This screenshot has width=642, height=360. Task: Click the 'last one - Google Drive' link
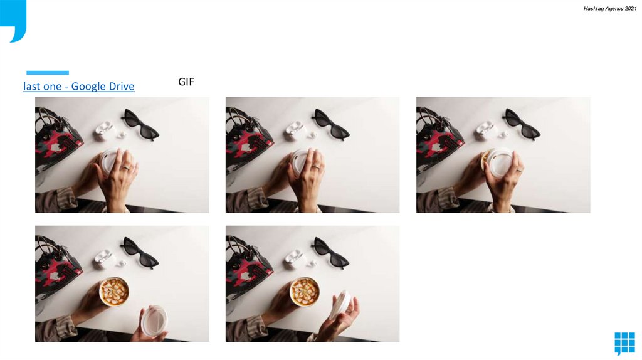tap(78, 87)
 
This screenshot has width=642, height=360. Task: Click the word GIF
tap(186, 82)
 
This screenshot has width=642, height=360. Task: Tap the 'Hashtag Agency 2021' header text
tap(609, 9)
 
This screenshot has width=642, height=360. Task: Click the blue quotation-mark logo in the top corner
tap(13, 21)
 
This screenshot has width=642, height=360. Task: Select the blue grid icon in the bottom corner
tap(625, 343)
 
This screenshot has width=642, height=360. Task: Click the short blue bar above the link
tap(48, 73)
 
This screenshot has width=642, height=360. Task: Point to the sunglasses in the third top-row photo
tap(522, 124)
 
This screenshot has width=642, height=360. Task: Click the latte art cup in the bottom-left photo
tap(114, 292)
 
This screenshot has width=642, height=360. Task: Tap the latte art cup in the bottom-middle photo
tap(305, 292)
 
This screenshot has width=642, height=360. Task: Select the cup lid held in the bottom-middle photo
tap(340, 305)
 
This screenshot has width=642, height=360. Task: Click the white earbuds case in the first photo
tap(104, 130)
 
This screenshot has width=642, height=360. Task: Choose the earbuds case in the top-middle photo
tap(295, 130)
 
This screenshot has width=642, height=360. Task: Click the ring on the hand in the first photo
tap(126, 167)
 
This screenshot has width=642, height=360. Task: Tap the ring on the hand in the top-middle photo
tap(317, 167)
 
